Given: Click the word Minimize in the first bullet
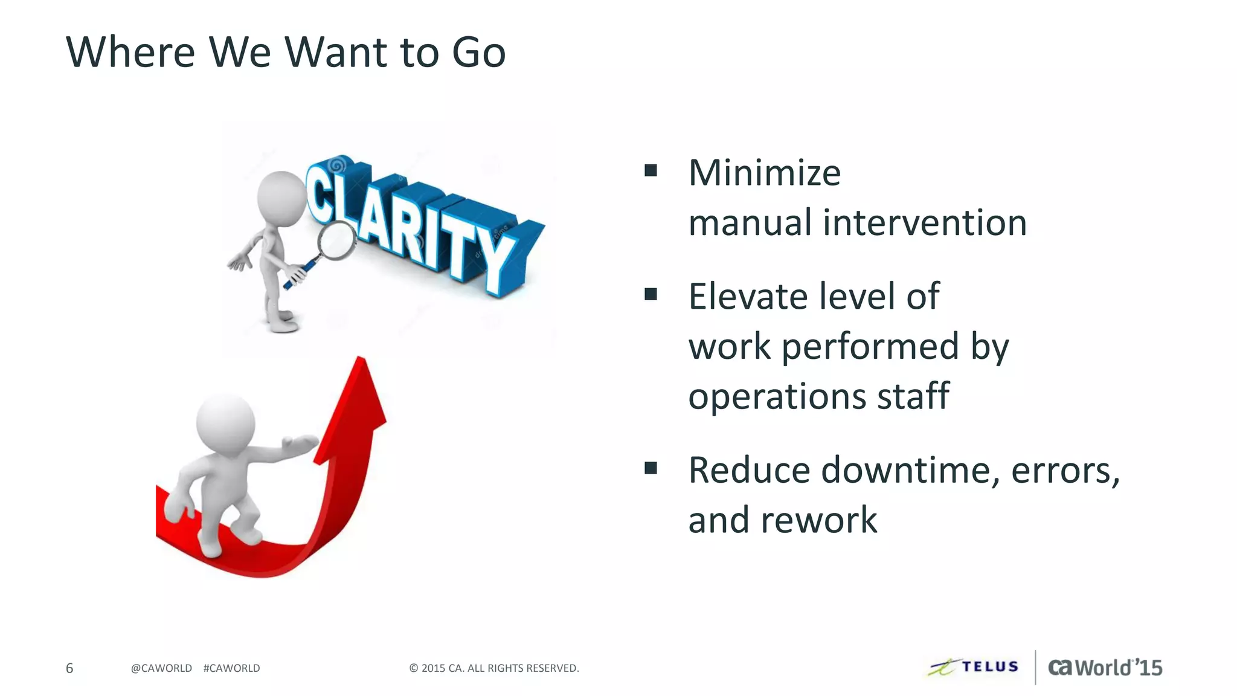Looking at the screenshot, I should click(x=764, y=173).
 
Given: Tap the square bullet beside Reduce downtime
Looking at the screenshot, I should click(x=651, y=468).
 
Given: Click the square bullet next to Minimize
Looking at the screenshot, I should click(x=651, y=170).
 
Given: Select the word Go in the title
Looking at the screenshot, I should click(x=478, y=53).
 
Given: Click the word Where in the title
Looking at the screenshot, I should click(x=130, y=53).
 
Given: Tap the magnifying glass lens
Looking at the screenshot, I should click(x=336, y=240).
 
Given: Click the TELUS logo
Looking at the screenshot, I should click(x=974, y=667).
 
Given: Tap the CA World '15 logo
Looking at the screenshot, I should click(x=1105, y=667).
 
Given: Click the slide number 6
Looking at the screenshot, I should click(x=69, y=668).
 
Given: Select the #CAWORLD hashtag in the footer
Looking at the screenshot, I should click(x=231, y=668).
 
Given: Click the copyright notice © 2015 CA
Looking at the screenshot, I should click(x=493, y=668).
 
